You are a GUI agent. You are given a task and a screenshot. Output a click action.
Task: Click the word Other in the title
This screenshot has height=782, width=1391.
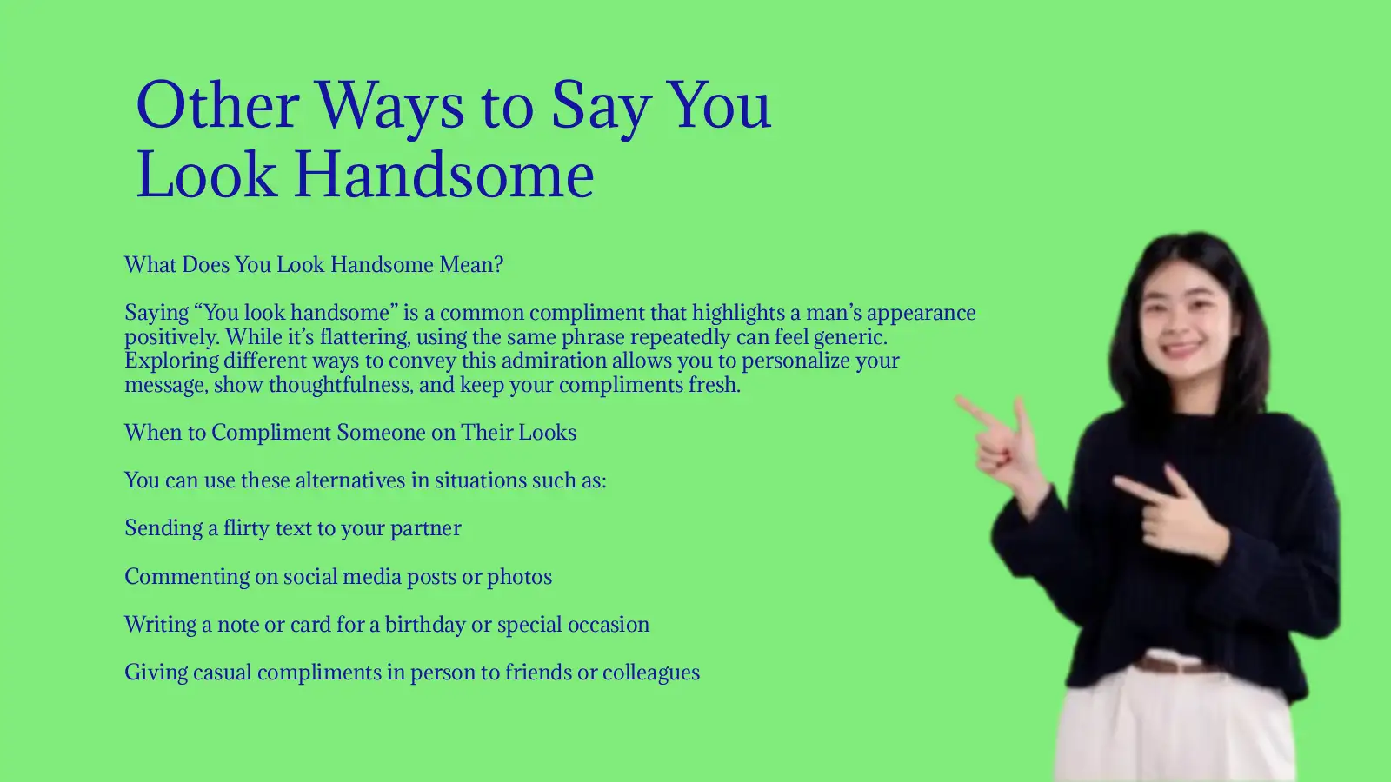[217, 106]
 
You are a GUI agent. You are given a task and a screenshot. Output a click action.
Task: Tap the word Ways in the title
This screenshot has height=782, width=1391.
[389, 106]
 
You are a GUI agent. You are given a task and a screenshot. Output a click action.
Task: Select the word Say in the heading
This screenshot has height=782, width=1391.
[600, 106]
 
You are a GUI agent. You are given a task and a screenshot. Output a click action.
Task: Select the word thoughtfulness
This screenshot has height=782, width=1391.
[340, 385]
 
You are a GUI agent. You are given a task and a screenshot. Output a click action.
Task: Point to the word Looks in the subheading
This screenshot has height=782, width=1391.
[548, 433]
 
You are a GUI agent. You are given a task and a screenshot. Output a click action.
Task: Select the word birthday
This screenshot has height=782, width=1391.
[425, 625]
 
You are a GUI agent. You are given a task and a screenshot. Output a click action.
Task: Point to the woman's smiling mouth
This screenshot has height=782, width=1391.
[1182, 350]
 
